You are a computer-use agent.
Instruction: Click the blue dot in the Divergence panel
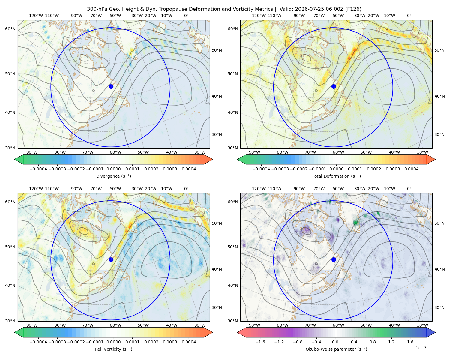(111, 86)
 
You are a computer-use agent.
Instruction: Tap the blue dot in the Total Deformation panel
(334, 86)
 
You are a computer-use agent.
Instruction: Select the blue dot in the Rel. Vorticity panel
(111, 259)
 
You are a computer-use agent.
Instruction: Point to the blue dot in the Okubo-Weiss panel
(334, 259)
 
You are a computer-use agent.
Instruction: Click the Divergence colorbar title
(113, 176)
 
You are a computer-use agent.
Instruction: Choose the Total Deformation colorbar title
(336, 176)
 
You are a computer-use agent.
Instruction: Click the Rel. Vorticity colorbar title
(113, 349)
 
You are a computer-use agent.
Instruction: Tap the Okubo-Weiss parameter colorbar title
(336, 349)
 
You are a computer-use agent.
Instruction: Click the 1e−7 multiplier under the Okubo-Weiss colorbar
(421, 348)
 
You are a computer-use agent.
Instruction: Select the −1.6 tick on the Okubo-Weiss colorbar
(260, 342)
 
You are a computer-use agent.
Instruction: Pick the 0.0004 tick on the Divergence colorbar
(189, 169)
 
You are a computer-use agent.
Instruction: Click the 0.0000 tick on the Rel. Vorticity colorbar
(113, 342)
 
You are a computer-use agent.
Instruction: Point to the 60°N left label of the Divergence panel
(10, 29)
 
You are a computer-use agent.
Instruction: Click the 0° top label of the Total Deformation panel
(409, 16)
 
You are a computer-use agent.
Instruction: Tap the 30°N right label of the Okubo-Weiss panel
(439, 307)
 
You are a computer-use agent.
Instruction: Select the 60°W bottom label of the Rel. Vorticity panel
(115, 325)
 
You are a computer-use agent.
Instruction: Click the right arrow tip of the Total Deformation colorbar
(435, 159)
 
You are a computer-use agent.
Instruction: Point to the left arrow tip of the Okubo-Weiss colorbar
(237, 332)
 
